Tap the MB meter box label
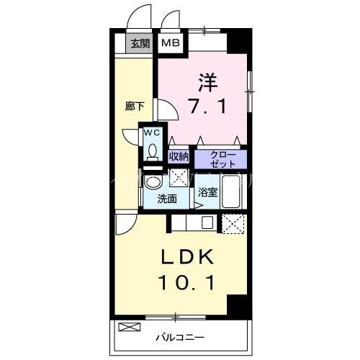(170, 43)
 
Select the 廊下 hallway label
(135, 107)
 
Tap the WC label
(152, 133)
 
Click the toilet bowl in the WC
(152, 150)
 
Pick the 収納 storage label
(179, 156)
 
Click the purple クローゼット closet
(220, 158)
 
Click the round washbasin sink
(153, 181)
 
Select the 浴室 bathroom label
(207, 193)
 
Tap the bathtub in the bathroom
(233, 190)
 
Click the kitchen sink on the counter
(207, 222)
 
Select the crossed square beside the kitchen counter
(233, 224)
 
